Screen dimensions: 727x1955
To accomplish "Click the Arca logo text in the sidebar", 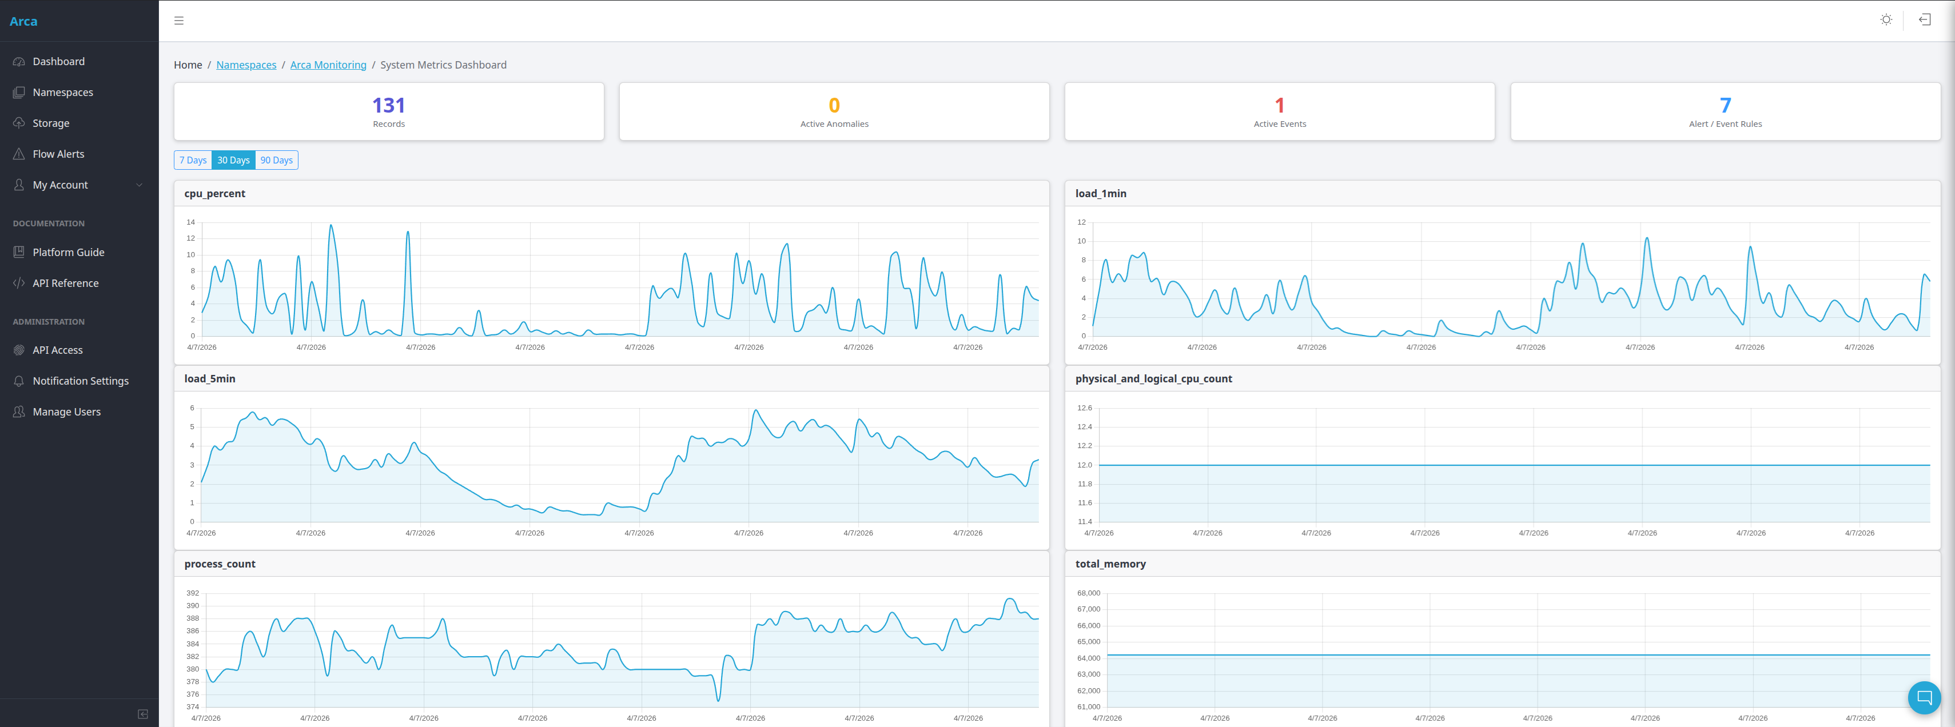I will click(x=23, y=21).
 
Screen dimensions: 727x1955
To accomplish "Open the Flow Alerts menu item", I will click(x=58, y=154).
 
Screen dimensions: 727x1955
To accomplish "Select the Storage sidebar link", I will click(x=50, y=123).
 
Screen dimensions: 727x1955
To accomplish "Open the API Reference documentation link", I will click(x=65, y=283).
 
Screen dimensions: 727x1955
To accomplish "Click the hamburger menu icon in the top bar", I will click(x=179, y=21).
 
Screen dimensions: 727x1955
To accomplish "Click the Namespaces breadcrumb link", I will click(x=246, y=65).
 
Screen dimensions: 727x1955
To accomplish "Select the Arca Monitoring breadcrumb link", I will click(x=328, y=65).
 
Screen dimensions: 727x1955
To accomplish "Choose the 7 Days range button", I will click(x=193, y=160).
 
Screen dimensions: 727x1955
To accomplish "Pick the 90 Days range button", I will click(x=276, y=160).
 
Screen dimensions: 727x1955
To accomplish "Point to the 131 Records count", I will click(x=389, y=106).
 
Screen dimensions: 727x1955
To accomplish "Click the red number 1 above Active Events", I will click(x=1280, y=106).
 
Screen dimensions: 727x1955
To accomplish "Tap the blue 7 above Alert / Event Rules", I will click(x=1725, y=106).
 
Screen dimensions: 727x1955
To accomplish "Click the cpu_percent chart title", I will click(x=215, y=194).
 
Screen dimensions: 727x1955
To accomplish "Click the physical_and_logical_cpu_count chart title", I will click(x=1153, y=379).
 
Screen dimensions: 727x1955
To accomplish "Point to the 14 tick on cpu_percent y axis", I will click(x=190, y=222).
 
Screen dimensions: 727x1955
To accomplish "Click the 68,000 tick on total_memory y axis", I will click(x=1088, y=593).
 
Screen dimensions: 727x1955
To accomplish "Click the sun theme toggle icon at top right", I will click(x=1886, y=20).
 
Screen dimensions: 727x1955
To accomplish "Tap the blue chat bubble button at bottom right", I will click(x=1924, y=697).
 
